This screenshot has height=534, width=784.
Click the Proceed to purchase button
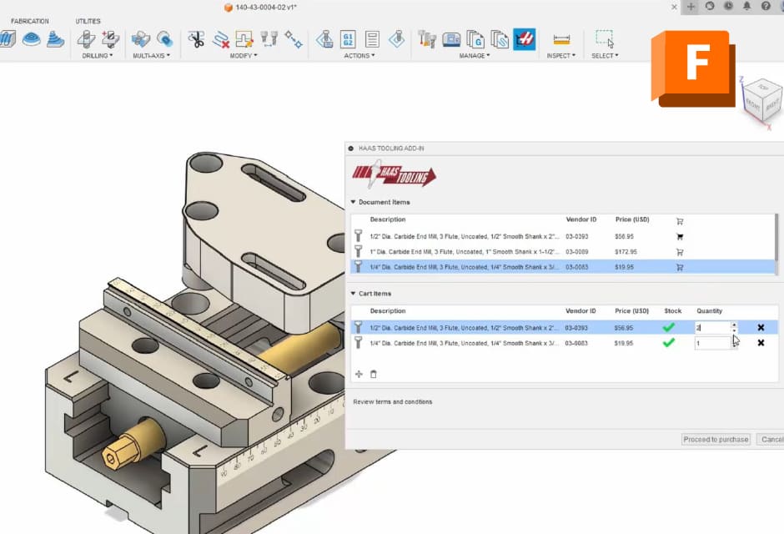pos(716,439)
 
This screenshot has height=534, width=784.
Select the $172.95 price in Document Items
pos(626,251)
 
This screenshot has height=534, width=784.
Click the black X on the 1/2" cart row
pos(761,328)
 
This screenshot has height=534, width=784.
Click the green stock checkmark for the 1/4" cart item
pos(668,343)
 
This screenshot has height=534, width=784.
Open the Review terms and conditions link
pos(393,402)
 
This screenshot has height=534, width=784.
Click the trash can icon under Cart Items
pos(374,374)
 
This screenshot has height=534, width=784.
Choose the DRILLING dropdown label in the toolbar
pos(98,56)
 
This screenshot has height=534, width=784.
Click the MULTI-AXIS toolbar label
pos(151,56)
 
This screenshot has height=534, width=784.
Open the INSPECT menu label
pos(560,56)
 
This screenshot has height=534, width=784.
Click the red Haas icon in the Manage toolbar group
pos(524,38)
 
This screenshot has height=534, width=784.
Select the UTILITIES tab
pos(88,21)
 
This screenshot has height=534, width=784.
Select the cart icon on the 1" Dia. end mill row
pos(680,251)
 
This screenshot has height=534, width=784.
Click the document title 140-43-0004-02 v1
pos(265,8)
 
